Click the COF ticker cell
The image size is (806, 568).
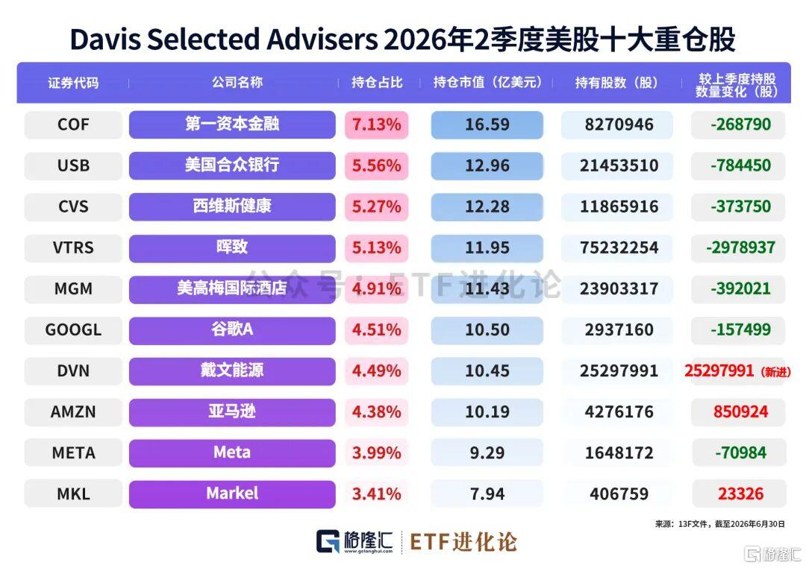[73, 124]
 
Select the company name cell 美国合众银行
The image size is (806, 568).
[232, 165]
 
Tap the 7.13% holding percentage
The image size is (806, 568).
[376, 124]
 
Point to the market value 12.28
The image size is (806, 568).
[487, 206]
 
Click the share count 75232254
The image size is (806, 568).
[619, 247]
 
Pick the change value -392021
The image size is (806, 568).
[740, 288]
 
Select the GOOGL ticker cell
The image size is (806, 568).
[73, 329]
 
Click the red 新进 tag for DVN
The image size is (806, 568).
[775, 372]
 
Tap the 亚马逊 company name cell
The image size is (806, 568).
[232, 412]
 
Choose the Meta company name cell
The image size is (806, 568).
[232, 453]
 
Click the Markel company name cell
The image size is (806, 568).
[232, 494]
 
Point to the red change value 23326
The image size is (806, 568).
[740, 494]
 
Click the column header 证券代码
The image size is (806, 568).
[73, 83]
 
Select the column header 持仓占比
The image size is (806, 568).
[377, 83]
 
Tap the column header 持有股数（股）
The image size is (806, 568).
[616, 83]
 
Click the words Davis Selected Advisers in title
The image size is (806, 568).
[224, 40]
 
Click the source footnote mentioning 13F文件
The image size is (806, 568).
[719, 524]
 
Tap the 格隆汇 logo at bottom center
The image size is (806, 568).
[354, 542]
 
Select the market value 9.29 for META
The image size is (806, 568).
[487, 453]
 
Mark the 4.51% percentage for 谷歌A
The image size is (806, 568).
[376, 329]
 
